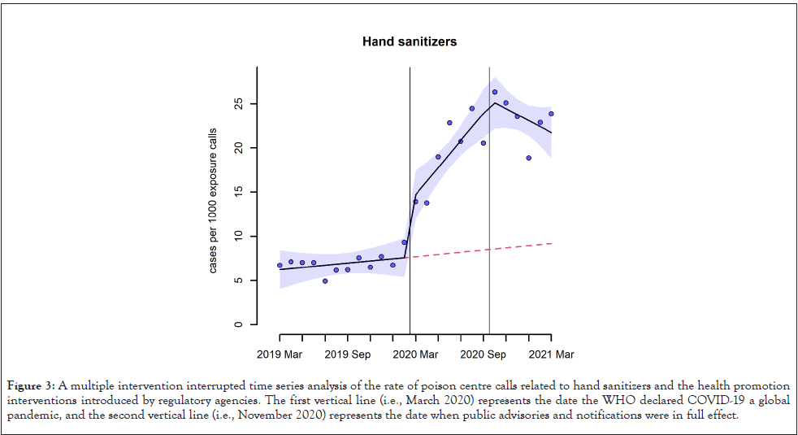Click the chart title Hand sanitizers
point(410,41)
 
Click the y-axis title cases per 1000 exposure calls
point(213,200)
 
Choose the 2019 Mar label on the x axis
point(280,355)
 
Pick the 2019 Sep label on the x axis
point(348,355)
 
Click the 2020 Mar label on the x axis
point(415,355)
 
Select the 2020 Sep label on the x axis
point(484,355)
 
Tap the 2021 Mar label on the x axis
point(551,355)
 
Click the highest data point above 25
point(494,92)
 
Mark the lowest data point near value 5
point(325,281)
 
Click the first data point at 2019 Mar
point(280,265)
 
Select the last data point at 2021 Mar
point(551,114)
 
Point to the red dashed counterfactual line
point(488,249)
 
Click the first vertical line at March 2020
point(410,163)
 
